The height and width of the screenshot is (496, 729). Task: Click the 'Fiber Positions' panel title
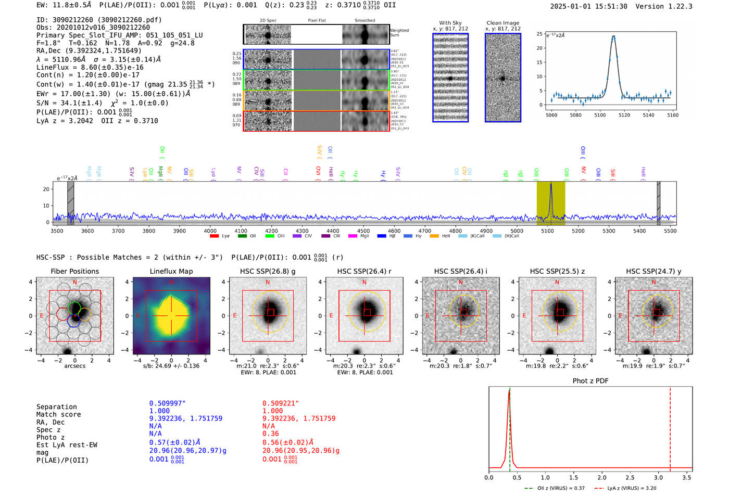click(74, 271)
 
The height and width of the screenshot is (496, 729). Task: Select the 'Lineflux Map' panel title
click(171, 271)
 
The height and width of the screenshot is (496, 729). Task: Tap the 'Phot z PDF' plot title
click(590, 380)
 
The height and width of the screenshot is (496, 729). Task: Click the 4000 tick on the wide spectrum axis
click(210, 231)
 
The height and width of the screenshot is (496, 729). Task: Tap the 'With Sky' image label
click(450, 23)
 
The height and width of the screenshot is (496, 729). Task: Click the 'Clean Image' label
click(503, 23)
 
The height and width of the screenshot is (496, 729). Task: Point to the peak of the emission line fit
click(613, 36)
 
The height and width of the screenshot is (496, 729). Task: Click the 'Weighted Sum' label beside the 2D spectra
click(399, 33)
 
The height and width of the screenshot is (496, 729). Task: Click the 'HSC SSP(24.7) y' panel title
click(653, 271)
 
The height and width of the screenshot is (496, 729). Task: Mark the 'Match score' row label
click(58, 414)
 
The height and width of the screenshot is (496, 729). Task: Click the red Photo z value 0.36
click(270, 434)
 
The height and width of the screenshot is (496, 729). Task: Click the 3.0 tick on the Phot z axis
click(658, 477)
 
